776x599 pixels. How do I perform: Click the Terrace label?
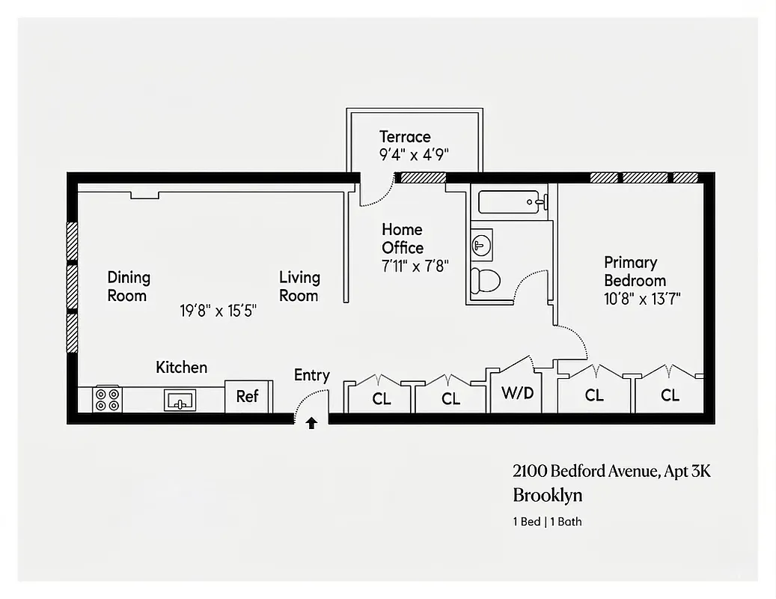(405, 137)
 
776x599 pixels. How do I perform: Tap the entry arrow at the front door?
(311, 423)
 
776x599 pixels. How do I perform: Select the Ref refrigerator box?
(248, 396)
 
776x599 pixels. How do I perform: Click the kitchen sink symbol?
(180, 401)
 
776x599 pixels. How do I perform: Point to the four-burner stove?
(107, 399)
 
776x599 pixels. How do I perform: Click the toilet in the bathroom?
(486, 281)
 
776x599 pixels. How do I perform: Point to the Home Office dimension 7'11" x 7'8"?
(415, 266)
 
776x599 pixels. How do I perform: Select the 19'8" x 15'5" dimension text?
(219, 311)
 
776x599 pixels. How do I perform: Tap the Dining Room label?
(128, 286)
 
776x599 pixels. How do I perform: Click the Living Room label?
(299, 286)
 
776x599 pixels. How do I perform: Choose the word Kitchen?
(181, 368)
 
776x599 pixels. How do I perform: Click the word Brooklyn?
(547, 495)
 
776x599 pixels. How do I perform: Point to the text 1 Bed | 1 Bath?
(547, 521)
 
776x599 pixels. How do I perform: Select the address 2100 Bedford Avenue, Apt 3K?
(611, 471)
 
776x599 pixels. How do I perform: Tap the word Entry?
(311, 375)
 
